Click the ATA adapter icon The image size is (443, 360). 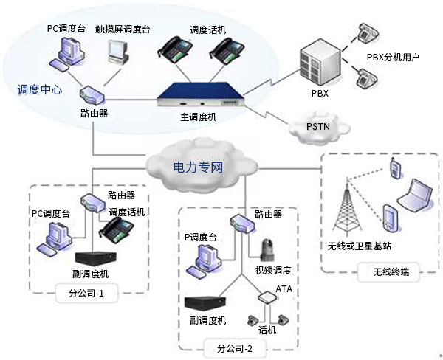[x=265, y=297]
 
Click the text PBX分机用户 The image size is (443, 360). [x=394, y=57]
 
